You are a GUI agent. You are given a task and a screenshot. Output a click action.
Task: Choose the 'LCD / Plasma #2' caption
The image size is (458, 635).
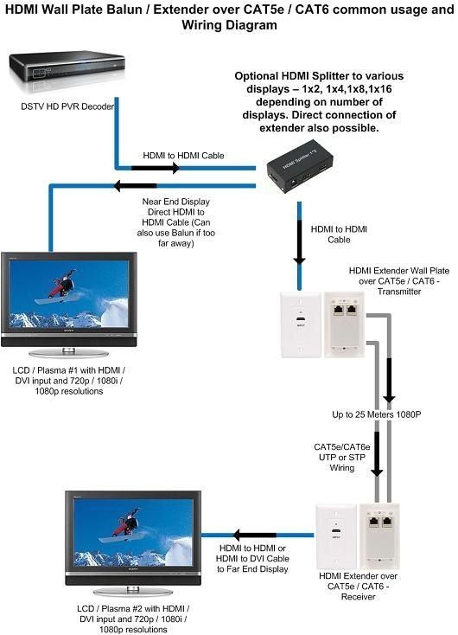click(130, 619)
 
